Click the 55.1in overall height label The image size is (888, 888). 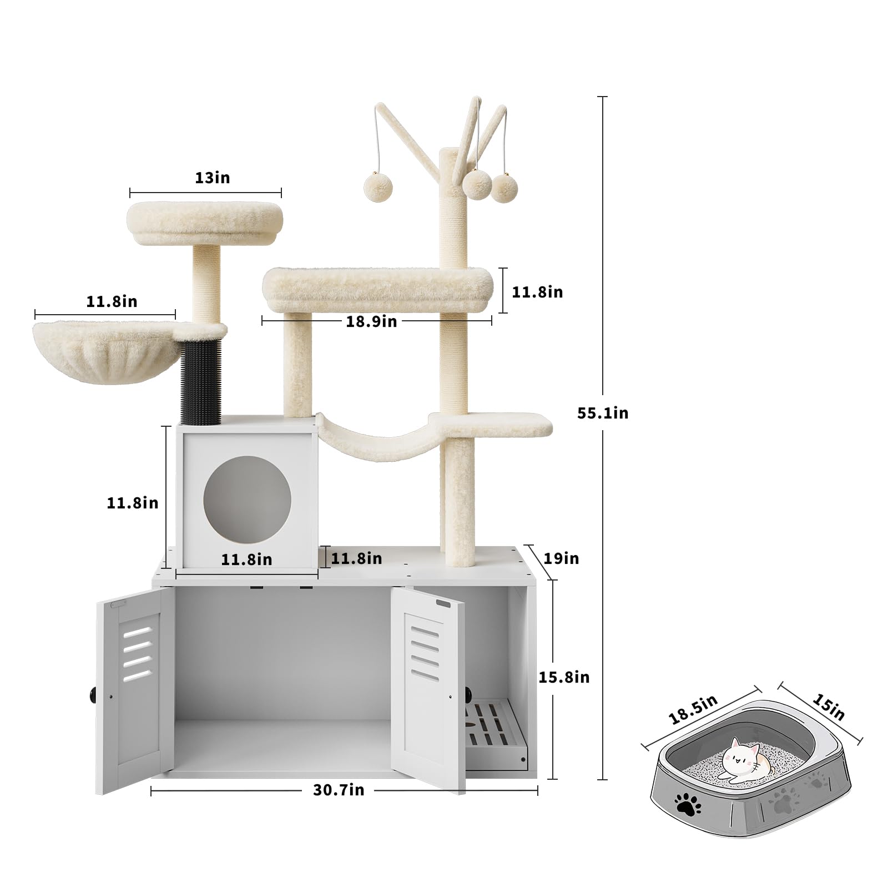603,413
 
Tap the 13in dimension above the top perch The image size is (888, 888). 212,178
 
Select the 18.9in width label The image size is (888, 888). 371,321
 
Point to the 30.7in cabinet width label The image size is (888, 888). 339,790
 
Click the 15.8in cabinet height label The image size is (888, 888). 564,677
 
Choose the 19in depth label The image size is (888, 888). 561,558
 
